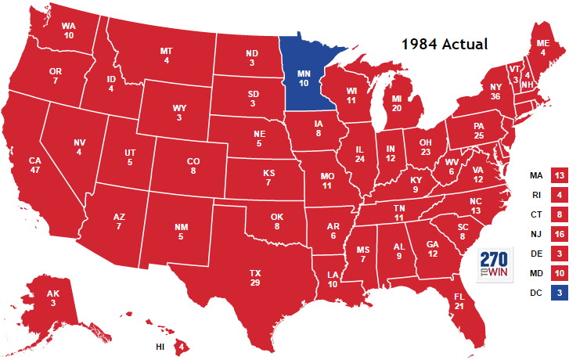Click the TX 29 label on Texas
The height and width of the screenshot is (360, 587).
tap(255, 277)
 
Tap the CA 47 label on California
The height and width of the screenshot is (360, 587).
tap(34, 165)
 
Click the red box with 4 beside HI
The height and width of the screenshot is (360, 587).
tap(182, 346)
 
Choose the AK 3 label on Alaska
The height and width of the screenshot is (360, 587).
tap(52, 298)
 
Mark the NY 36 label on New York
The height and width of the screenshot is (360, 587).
tap(495, 92)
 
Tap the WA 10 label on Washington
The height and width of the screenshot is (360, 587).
tap(69, 30)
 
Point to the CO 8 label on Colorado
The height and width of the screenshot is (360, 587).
tap(193, 165)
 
